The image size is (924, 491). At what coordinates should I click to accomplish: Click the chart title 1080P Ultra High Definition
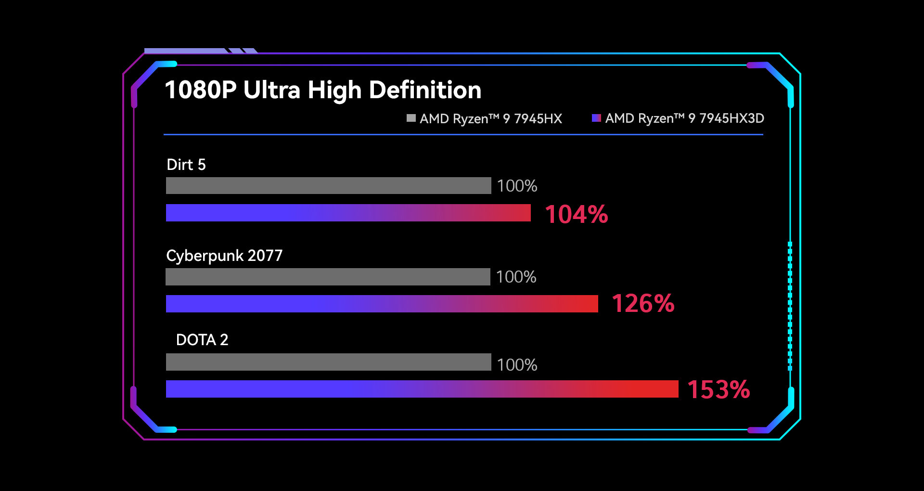[323, 90]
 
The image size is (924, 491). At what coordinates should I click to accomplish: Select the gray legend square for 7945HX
[411, 118]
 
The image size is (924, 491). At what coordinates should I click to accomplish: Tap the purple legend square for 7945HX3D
[596, 118]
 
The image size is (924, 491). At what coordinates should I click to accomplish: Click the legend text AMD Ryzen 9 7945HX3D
[684, 118]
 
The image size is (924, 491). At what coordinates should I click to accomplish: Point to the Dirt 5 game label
[186, 165]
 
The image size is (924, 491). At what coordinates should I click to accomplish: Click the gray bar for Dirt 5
[328, 186]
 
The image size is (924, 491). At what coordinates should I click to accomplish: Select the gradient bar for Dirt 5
[348, 213]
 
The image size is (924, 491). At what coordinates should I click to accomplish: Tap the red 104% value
[577, 214]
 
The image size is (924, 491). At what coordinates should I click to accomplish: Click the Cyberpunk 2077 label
[224, 256]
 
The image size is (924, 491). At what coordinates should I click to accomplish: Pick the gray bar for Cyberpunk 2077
[328, 277]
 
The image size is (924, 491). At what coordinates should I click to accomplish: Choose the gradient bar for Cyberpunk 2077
[382, 304]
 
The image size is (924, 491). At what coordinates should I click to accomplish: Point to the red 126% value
[643, 304]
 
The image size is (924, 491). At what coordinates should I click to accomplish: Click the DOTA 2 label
[202, 340]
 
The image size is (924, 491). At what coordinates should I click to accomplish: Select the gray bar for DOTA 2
[328, 362]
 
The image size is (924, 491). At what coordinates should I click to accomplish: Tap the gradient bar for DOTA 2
[422, 389]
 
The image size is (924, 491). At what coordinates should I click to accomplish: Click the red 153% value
[719, 389]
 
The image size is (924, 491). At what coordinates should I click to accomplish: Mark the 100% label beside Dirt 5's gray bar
[517, 186]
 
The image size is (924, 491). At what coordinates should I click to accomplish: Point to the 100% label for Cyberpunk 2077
[516, 277]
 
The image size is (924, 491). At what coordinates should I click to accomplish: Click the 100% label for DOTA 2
[517, 365]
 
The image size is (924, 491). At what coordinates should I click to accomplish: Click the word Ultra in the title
[271, 90]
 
